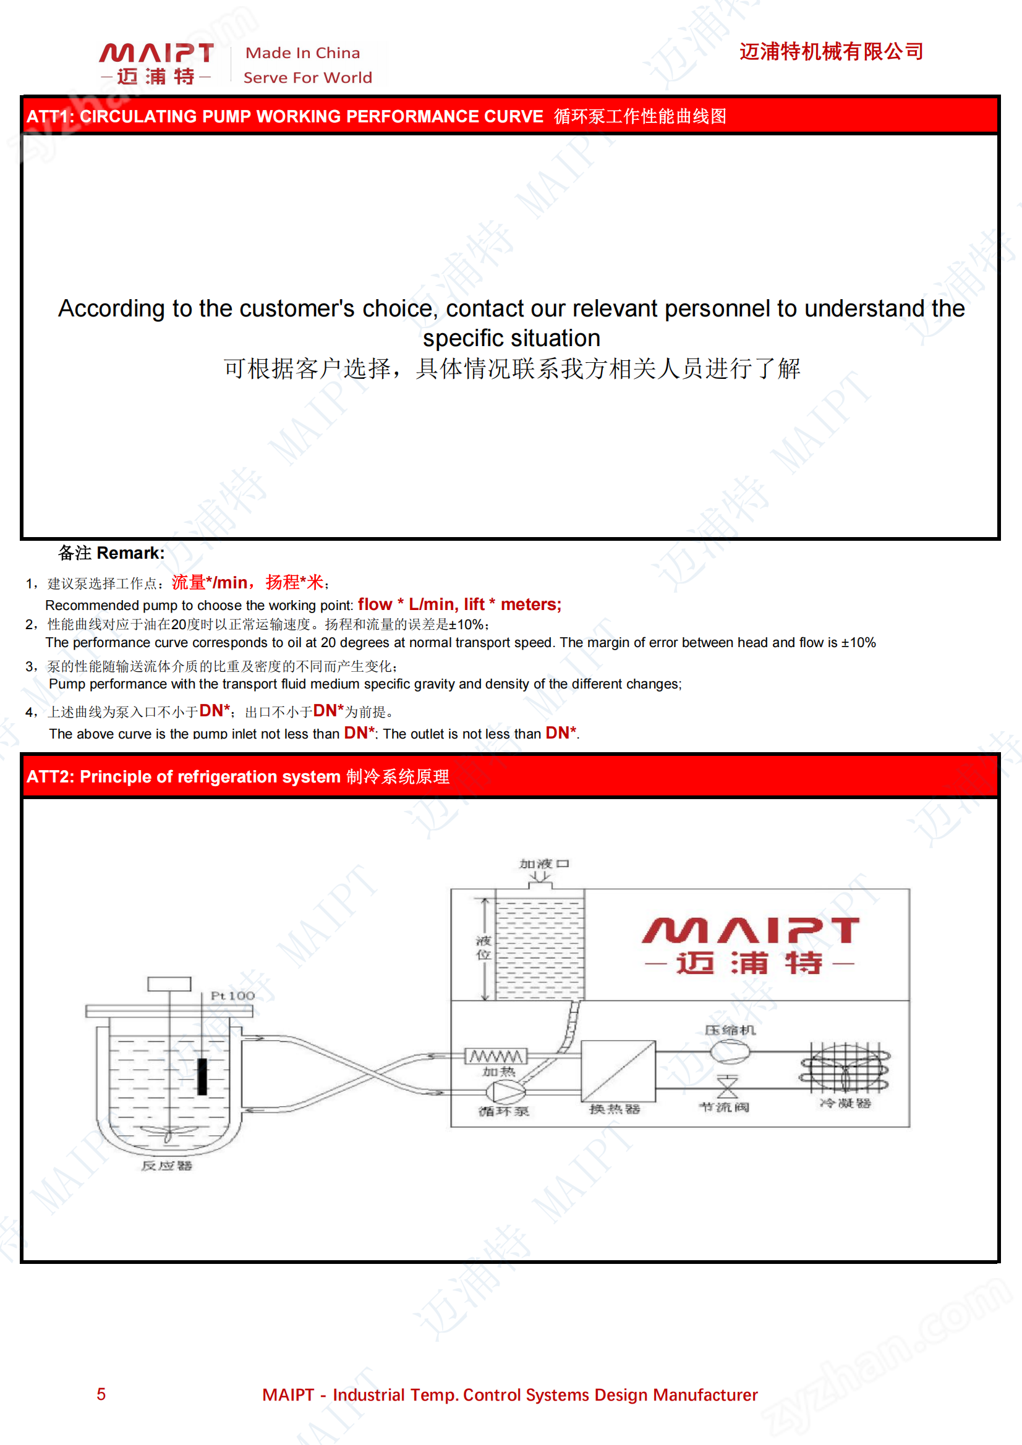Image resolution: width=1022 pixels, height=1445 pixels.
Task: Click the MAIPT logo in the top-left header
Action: click(156, 63)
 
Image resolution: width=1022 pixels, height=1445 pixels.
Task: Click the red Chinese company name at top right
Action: click(830, 52)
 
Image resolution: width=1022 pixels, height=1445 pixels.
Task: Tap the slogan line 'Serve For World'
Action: click(307, 77)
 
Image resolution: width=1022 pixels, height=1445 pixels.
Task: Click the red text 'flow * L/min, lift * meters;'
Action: click(459, 604)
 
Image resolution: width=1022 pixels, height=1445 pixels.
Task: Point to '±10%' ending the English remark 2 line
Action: click(858, 643)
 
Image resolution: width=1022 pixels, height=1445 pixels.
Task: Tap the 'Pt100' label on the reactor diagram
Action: click(232, 996)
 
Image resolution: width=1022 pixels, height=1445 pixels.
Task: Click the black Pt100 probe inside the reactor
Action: click(202, 1076)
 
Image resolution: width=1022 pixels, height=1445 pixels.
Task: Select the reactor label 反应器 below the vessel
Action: click(166, 1166)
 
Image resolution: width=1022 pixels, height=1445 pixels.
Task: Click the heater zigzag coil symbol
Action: click(496, 1056)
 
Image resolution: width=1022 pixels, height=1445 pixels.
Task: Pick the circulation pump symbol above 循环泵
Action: click(505, 1092)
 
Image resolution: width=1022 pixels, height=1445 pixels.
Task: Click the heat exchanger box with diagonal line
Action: click(617, 1070)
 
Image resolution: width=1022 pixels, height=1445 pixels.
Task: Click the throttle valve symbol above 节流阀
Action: click(727, 1087)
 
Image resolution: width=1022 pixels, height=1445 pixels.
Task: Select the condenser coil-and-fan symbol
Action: click(845, 1067)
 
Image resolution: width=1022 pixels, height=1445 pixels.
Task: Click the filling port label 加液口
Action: click(544, 863)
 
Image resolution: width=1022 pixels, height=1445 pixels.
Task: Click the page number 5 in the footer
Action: click(101, 1394)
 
